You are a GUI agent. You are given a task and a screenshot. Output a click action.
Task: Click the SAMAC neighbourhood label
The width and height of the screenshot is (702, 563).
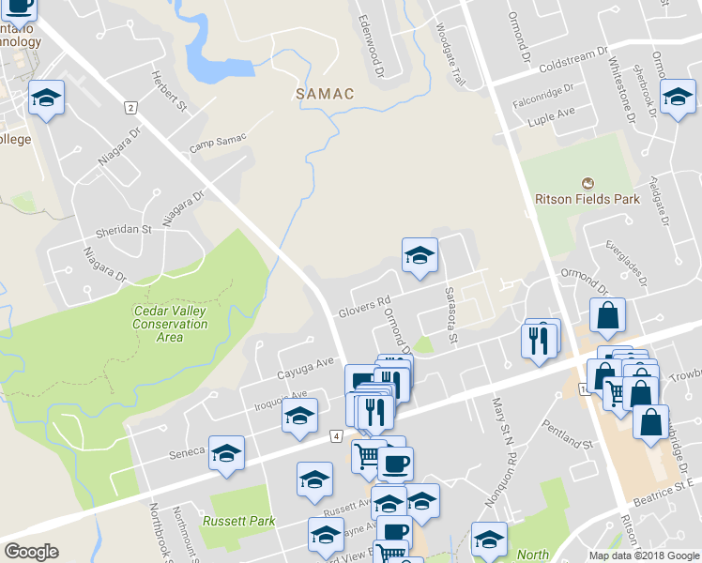pos(324,94)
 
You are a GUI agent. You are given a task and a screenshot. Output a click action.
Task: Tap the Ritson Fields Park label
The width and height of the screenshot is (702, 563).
pos(587,198)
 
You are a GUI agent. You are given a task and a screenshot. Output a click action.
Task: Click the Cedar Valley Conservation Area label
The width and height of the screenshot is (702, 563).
pos(170,324)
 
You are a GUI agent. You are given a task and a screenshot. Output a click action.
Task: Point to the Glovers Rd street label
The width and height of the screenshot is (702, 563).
pos(364,308)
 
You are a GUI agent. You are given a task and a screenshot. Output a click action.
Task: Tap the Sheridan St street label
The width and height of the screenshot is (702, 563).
pos(122,229)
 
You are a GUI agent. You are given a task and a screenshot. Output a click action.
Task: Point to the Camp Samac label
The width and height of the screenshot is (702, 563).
pos(218,144)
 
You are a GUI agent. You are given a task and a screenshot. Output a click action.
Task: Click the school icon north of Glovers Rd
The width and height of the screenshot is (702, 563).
pos(420,254)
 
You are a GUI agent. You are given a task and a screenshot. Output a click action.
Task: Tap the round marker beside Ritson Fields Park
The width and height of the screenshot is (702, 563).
pos(588,182)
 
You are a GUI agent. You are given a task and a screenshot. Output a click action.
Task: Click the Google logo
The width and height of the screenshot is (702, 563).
pos(31,552)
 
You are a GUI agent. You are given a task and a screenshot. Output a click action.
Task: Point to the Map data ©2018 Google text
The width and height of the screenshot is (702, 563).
pos(643,555)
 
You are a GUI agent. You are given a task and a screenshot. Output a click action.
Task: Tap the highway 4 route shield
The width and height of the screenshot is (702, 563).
pos(335,436)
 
